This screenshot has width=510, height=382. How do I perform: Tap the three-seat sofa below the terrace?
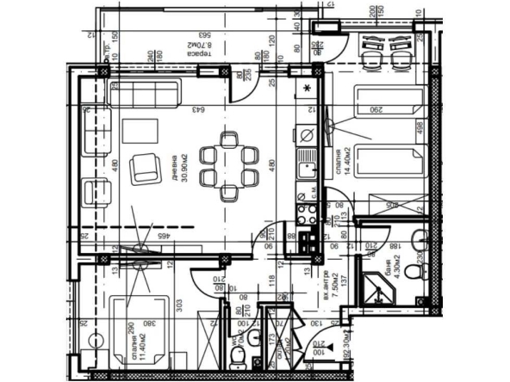click(x=144, y=92)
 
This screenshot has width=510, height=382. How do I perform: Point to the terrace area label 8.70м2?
click(x=202, y=49)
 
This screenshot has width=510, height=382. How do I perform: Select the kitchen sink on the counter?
click(x=306, y=169)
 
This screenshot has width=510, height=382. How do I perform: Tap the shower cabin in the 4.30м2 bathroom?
click(x=376, y=288)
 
